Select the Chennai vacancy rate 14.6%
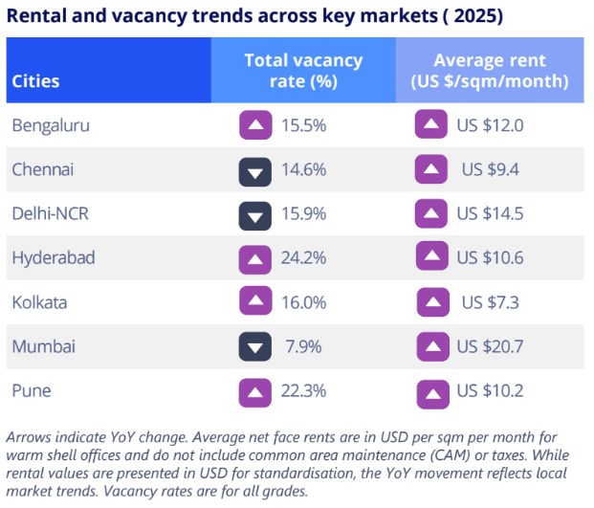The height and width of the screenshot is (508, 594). click(306, 170)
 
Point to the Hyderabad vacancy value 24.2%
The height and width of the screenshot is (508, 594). click(306, 258)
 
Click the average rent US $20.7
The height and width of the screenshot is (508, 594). click(490, 346)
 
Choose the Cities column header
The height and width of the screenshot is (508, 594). click(36, 82)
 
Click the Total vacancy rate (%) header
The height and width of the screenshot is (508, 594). click(303, 71)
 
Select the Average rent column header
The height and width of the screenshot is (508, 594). click(489, 71)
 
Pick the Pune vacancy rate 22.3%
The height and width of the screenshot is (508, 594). click(306, 390)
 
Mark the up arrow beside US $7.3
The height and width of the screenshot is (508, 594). click(432, 302)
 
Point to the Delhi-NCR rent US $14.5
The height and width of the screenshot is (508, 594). click(490, 214)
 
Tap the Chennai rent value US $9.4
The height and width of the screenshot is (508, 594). click(490, 170)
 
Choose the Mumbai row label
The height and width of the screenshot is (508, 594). click(44, 346)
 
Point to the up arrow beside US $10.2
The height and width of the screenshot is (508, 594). click(431, 390)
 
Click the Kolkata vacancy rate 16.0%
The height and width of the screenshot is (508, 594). click(306, 302)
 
